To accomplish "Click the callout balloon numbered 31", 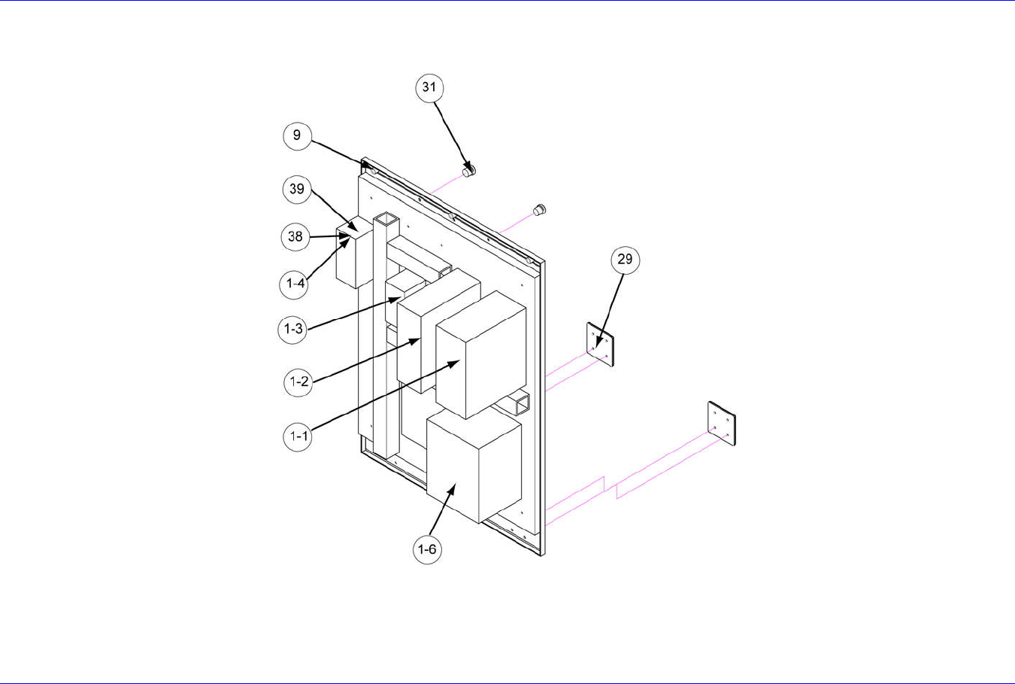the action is [429, 87].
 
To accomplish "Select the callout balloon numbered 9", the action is [297, 135].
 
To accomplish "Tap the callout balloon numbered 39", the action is [297, 188].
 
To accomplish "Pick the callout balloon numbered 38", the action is [296, 236].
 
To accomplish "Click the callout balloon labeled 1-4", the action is [295, 284].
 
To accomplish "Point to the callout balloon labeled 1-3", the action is [292, 329].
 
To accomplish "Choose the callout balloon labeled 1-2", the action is [298, 382].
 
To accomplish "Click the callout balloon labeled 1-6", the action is [427, 549].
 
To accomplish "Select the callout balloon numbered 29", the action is [625, 260].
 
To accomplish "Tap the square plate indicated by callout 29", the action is [601, 345].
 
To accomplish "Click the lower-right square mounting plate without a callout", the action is [721, 423].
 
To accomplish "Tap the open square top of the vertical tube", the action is [385, 219].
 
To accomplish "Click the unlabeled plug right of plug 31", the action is [538, 209].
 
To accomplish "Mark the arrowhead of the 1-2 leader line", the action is [417, 340].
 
